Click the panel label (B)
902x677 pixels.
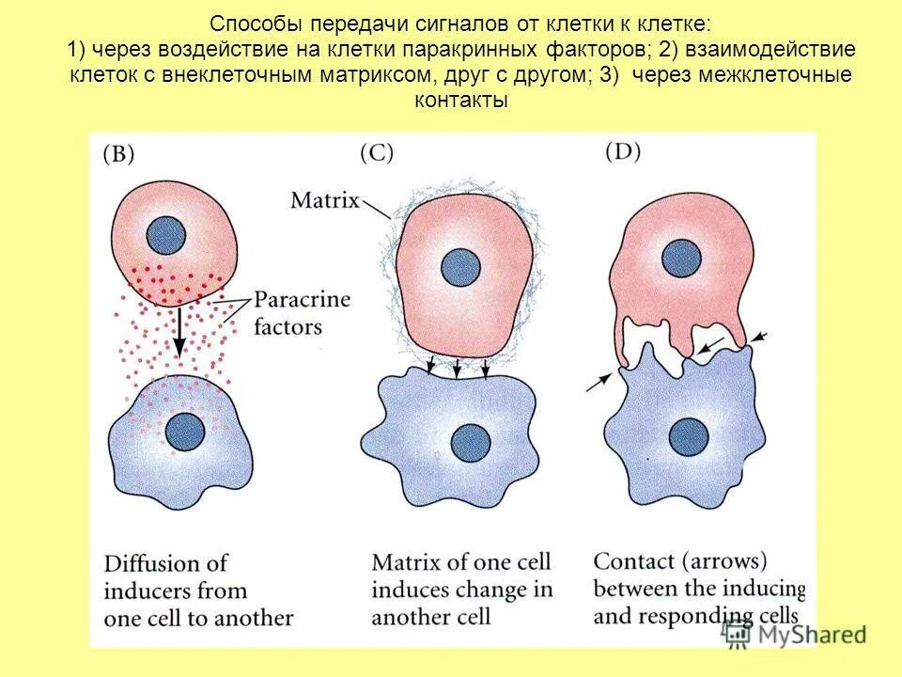click(x=117, y=156)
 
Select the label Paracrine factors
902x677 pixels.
click(x=302, y=314)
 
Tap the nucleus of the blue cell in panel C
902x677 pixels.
click(x=467, y=439)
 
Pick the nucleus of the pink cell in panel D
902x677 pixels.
click(x=679, y=255)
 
